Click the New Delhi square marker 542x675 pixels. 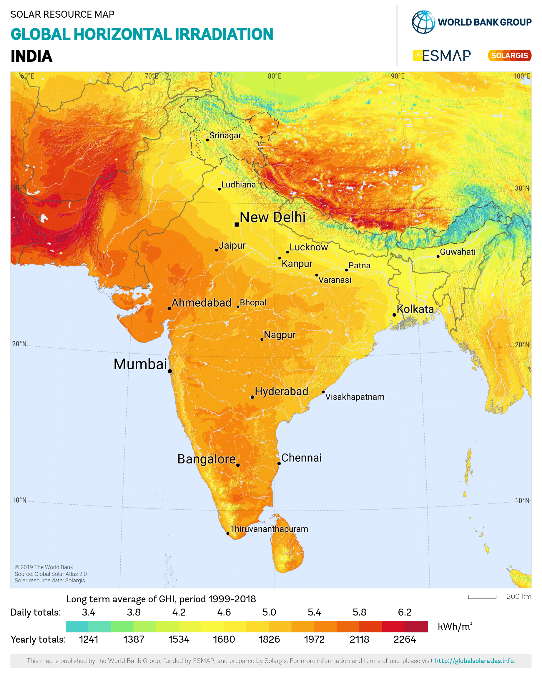point(237,224)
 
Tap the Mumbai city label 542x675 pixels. point(140,364)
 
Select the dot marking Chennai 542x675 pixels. point(279,463)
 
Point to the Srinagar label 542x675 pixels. point(225,136)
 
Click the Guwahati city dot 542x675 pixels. point(438,256)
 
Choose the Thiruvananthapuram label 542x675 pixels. point(269,529)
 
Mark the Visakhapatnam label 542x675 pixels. point(355,397)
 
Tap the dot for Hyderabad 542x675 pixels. point(252,397)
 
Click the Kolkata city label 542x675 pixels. point(415,309)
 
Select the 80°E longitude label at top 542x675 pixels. point(275,76)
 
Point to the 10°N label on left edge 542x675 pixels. point(19,500)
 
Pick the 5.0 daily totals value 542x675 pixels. point(269,612)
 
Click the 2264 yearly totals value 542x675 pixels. point(405,639)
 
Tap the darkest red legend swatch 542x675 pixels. point(416,626)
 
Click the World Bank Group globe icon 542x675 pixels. point(423,22)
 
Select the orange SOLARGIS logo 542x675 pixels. point(509,55)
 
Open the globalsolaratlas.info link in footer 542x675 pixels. point(474,661)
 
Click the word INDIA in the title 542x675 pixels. point(31,56)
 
